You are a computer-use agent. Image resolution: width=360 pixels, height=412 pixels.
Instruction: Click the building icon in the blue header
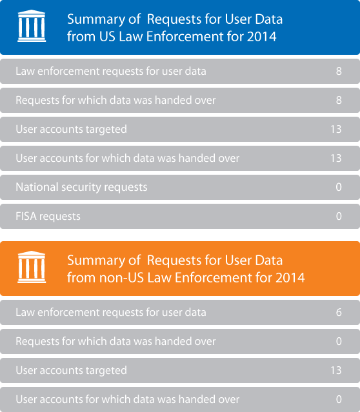(32, 26)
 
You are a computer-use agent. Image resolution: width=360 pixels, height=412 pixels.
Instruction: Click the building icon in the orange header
(32, 267)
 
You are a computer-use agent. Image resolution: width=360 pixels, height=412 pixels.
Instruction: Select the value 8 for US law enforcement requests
(339, 71)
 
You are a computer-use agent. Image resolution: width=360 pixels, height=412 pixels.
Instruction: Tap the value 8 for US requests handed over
(339, 100)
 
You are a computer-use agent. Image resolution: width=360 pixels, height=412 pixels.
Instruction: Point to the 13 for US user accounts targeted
(336, 130)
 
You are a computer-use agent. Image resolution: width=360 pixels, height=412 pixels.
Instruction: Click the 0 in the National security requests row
(339, 187)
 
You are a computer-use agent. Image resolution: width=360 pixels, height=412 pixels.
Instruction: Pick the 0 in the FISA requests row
(339, 216)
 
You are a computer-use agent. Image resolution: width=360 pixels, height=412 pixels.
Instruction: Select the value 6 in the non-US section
(339, 313)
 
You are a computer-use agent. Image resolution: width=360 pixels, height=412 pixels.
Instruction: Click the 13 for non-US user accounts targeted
(336, 370)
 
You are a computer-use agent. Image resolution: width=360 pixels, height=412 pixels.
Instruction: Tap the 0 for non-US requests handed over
(339, 341)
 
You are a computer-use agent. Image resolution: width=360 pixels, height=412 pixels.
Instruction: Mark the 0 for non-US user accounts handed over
(339, 399)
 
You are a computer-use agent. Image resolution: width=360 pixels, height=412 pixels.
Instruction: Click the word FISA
(26, 216)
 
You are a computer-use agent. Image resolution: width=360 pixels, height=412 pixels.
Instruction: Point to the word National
(37, 187)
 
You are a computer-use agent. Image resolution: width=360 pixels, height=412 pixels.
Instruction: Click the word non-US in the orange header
(121, 278)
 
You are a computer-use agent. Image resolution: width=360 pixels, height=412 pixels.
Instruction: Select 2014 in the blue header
(262, 37)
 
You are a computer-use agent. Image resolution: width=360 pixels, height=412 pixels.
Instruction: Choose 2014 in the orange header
(290, 278)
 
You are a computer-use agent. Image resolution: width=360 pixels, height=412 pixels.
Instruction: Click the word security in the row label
(81, 188)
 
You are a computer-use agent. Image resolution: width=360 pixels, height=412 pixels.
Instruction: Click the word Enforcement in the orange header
(209, 278)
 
